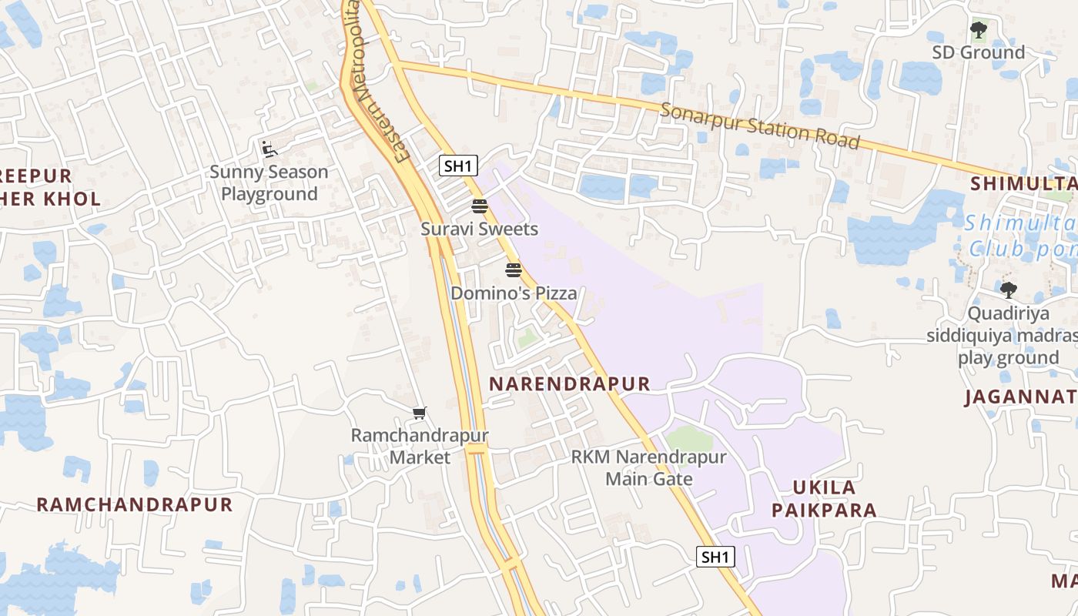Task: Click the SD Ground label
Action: (978, 52)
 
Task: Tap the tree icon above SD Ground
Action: (978, 31)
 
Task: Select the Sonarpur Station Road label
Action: (759, 125)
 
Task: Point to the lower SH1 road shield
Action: (715, 557)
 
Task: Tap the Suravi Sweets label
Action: (479, 229)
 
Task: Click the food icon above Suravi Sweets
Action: (479, 206)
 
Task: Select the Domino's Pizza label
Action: (514, 293)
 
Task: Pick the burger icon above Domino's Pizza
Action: (514, 270)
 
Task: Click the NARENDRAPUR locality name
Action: (570, 383)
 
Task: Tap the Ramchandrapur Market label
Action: (420, 446)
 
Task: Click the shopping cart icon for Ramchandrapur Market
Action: (420, 413)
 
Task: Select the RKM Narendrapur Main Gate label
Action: (648, 467)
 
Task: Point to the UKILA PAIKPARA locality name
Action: (824, 498)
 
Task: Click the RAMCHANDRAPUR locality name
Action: (135, 504)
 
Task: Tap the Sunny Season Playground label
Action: (269, 182)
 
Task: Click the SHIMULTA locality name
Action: (1024, 183)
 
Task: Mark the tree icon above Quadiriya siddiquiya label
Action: (1008, 290)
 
